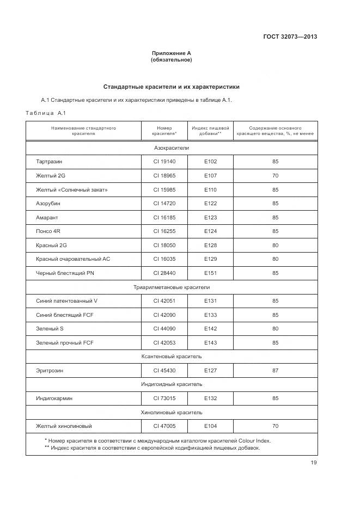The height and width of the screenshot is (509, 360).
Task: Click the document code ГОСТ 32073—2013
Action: click(x=290, y=37)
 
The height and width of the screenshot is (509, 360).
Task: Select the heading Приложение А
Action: click(x=171, y=53)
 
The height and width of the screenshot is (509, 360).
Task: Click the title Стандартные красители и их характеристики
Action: click(x=171, y=87)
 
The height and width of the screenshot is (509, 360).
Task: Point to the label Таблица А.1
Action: click(x=45, y=113)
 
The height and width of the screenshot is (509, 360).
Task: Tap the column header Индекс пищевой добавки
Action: click(x=210, y=131)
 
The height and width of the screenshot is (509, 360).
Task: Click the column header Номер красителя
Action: click(x=164, y=131)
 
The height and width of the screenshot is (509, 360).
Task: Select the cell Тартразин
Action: click(x=53, y=162)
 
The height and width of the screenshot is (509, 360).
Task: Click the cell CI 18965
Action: click(x=164, y=176)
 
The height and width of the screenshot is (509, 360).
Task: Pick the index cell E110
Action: click(x=210, y=189)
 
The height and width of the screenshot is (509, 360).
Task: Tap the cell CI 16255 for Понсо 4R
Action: click(x=164, y=231)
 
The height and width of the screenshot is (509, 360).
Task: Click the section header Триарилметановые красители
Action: click(x=171, y=287)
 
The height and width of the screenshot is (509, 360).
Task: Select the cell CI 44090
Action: click(x=164, y=329)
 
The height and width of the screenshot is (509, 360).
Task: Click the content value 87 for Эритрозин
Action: click(x=275, y=370)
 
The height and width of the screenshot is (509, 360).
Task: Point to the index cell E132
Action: click(x=210, y=398)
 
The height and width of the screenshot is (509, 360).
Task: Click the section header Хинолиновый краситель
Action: click(x=171, y=412)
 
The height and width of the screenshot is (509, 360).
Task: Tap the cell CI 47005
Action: click(x=164, y=426)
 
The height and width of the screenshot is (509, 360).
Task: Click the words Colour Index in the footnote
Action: click(x=252, y=441)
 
